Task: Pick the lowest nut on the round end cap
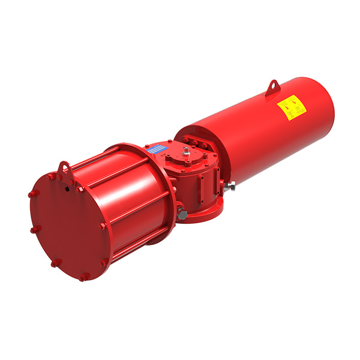(x=84, y=277)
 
